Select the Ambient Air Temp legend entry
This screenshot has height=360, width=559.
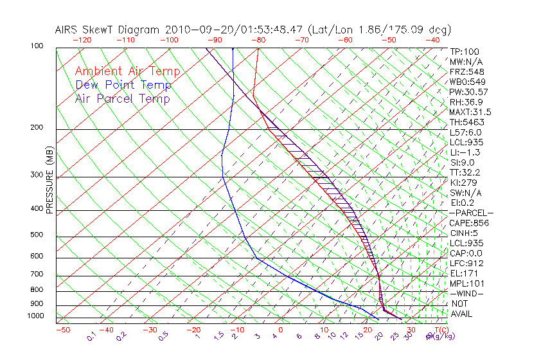128,71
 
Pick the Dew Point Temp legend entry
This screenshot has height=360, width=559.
123,85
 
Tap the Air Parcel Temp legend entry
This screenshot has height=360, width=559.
123,98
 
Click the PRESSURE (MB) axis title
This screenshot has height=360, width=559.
49,179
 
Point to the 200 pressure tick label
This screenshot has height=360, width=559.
36,128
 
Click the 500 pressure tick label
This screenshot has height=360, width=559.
36,235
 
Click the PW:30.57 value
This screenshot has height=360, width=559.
469,92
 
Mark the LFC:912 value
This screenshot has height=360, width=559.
466,264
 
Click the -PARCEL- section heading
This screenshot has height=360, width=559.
471,213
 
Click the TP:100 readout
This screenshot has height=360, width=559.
464,51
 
